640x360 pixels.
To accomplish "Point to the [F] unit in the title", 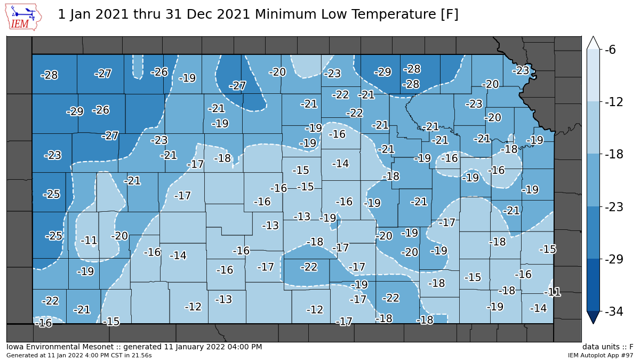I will pyautogui.click(x=450, y=14).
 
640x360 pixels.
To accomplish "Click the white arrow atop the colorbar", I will pyautogui.click(x=594, y=43).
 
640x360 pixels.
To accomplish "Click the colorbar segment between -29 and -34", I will pyautogui.click(x=594, y=285).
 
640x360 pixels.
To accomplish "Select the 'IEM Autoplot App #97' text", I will pyautogui.click(x=600, y=355).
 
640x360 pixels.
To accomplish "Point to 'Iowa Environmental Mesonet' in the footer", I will pyautogui.click(x=52, y=347).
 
